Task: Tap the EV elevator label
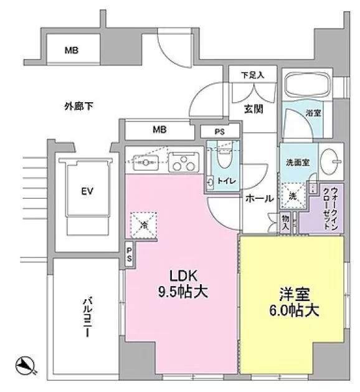click(86, 191)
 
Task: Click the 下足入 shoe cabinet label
click(253, 75)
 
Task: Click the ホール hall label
click(258, 198)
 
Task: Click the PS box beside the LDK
click(130, 256)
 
